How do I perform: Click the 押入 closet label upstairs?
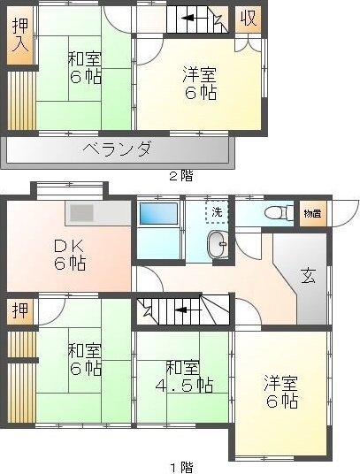(x=20, y=36)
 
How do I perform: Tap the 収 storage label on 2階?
(x=249, y=19)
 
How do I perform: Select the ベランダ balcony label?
(x=121, y=149)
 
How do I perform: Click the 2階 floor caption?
(x=180, y=176)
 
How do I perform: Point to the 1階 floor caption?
(x=180, y=466)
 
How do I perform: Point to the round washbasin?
(x=215, y=245)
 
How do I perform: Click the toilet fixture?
(x=277, y=212)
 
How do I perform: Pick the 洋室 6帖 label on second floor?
(x=200, y=82)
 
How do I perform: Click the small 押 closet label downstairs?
(x=19, y=310)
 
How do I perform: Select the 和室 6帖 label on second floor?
(x=85, y=68)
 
